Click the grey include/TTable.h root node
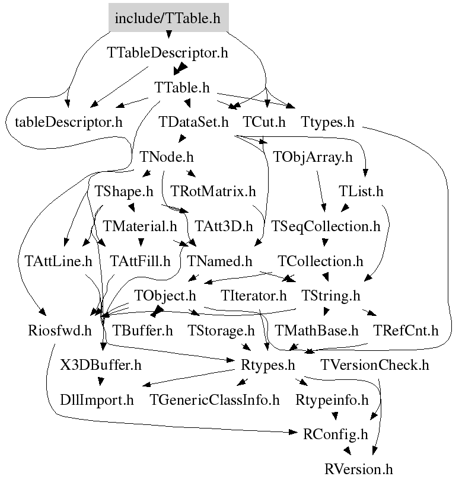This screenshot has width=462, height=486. click(x=168, y=18)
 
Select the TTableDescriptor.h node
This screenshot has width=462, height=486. click(x=167, y=53)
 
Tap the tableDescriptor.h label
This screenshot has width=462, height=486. click(x=69, y=122)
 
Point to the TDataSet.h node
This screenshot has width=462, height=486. click(x=193, y=122)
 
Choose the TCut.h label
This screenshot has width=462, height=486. click(x=264, y=122)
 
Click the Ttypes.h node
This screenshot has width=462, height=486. click(x=327, y=122)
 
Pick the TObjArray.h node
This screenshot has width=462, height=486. click(x=313, y=157)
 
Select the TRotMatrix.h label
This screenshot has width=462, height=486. click(x=213, y=191)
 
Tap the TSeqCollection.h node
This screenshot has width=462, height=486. click(x=326, y=226)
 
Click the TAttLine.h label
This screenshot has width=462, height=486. click(x=58, y=261)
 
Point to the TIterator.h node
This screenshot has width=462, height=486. click(x=253, y=296)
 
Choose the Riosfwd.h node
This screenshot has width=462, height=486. click(x=59, y=330)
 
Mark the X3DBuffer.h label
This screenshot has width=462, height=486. click(x=100, y=365)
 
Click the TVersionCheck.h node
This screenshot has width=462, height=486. click(x=375, y=365)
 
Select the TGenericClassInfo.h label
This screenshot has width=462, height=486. click(x=214, y=400)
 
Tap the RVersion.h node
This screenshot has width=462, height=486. click(x=358, y=469)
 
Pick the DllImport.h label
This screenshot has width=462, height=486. click(x=97, y=400)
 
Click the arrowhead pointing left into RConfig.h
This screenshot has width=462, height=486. click(x=293, y=432)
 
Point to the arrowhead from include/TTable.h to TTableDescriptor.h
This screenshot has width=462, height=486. click(x=168, y=34)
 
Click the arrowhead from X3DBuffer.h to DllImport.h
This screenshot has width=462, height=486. click(x=100, y=381)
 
